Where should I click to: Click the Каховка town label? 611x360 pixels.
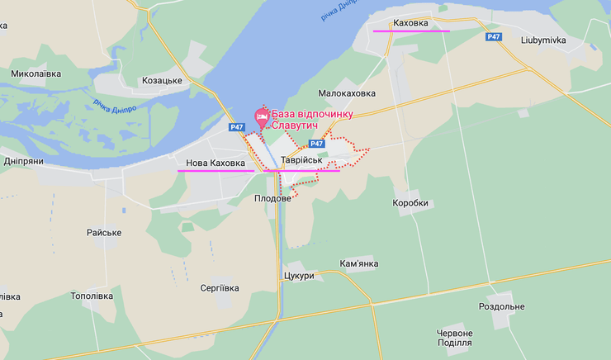point(410,22)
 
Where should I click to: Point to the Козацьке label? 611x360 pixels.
point(162,80)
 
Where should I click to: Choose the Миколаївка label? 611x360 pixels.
point(36,73)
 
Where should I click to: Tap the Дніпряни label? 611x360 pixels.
point(23,161)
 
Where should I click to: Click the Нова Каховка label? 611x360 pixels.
point(216,163)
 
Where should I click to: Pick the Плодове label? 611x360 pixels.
point(272,199)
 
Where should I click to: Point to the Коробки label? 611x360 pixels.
point(411,202)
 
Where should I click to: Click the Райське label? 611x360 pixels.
point(104,233)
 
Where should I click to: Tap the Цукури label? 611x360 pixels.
point(298,276)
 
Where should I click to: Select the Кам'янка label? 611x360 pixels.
point(358,264)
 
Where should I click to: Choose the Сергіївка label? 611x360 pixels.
point(220,288)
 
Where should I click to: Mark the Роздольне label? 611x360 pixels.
point(501,306)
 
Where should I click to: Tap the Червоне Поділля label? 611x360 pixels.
point(455,338)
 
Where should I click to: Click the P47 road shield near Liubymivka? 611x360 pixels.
point(494,36)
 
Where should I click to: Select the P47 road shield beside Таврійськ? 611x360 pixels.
point(317,144)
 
